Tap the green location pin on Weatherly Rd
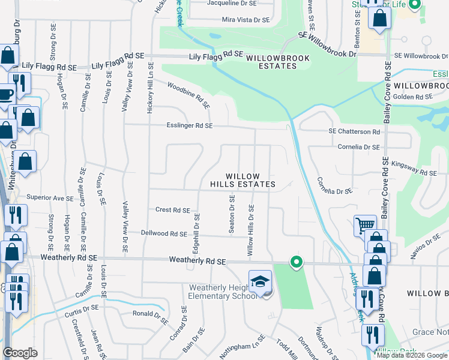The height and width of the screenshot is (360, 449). coord(296,262)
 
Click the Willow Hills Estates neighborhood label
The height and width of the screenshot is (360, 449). coord(243,179)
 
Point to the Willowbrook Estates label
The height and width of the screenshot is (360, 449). coord(271,61)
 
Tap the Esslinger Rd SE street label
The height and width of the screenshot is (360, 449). coord(190,125)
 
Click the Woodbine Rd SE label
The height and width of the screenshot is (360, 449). coord(189,95)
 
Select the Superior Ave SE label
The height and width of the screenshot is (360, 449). coord(49,197)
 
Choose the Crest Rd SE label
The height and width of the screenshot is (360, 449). coord(173,211)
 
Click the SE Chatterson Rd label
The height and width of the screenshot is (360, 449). coord(354,131)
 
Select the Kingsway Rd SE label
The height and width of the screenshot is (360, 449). coord(414,169)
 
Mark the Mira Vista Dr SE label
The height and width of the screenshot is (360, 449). coord(247,20)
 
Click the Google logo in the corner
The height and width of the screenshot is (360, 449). coord(20,352)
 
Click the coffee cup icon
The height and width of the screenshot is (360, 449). coord(6,95)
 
